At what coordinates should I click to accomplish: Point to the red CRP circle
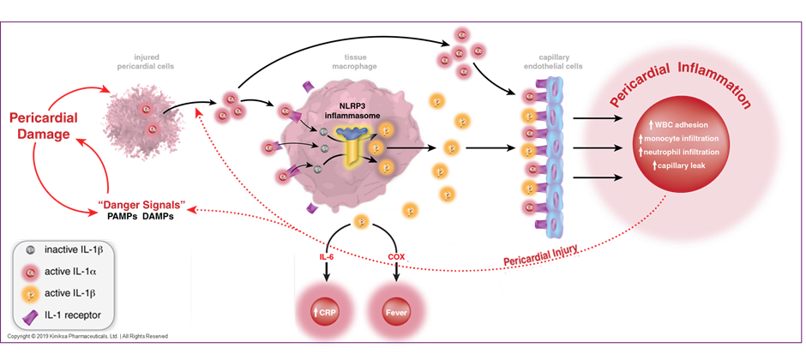point(325,311)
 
